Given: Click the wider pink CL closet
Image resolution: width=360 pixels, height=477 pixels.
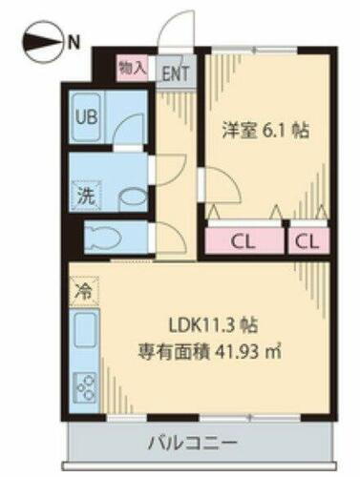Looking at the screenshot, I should coord(245,239).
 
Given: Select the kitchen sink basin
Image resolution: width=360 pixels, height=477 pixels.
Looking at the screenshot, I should coord(83,333).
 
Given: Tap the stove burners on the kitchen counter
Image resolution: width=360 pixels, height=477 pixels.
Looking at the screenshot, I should coord(83,390).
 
